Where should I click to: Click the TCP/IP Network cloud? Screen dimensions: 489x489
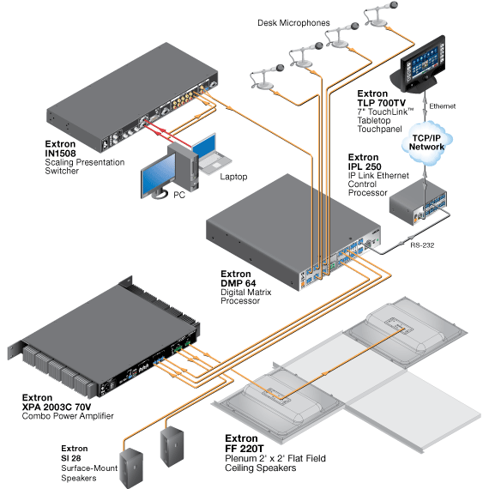[426, 142]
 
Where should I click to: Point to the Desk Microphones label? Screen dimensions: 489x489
[293, 23]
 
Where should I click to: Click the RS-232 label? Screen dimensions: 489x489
[422, 245]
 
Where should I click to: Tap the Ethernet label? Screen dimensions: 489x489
[442, 106]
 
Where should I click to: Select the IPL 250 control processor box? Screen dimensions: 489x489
[418, 202]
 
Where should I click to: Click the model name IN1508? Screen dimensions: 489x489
[60, 153]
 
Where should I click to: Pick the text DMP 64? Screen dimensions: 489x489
[238, 283]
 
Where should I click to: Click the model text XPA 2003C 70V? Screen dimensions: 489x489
[57, 407]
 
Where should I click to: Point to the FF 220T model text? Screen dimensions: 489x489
[244, 449]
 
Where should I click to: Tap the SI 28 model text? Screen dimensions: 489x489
[71, 458]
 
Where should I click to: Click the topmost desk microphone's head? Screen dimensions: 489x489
[394, 5]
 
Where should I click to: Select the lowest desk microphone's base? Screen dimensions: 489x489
[264, 84]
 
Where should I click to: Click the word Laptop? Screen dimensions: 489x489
[233, 177]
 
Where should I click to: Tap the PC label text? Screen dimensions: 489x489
[179, 196]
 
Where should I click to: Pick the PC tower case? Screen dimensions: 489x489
[184, 166]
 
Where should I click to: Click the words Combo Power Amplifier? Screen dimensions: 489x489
[68, 416]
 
